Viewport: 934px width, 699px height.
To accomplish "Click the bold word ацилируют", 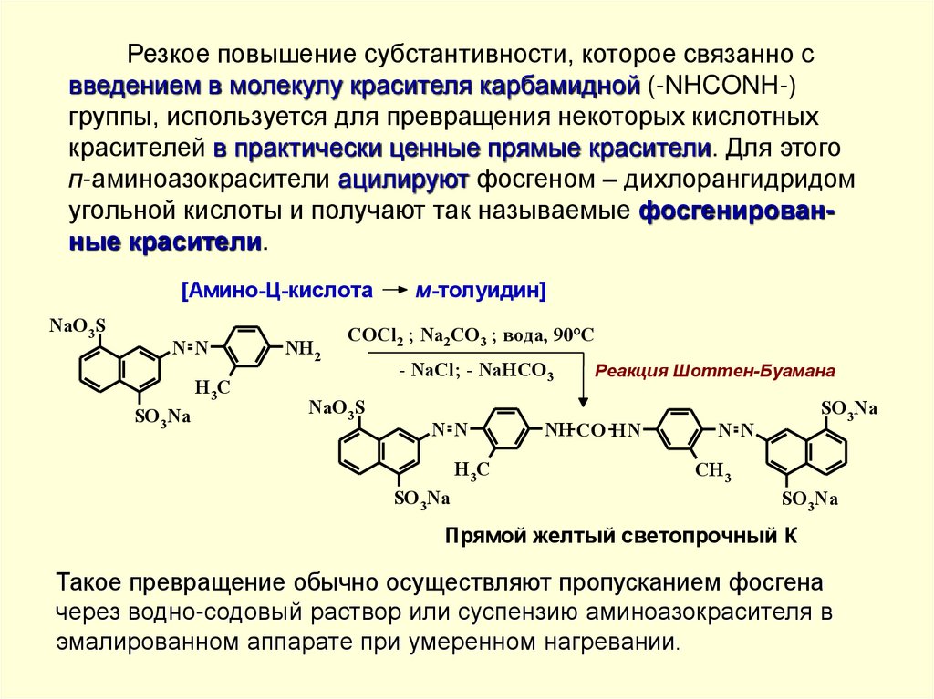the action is (403, 180).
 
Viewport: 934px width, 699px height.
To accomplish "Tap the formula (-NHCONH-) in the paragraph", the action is (723, 87).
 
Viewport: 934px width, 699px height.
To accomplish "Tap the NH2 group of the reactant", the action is (303, 349).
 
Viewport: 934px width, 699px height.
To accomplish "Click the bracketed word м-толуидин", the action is (481, 291).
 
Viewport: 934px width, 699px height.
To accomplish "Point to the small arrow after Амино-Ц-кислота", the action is (395, 291).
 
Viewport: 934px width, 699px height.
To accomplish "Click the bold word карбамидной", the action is (561, 87).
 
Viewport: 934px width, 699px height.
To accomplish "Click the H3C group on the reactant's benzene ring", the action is (212, 389).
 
